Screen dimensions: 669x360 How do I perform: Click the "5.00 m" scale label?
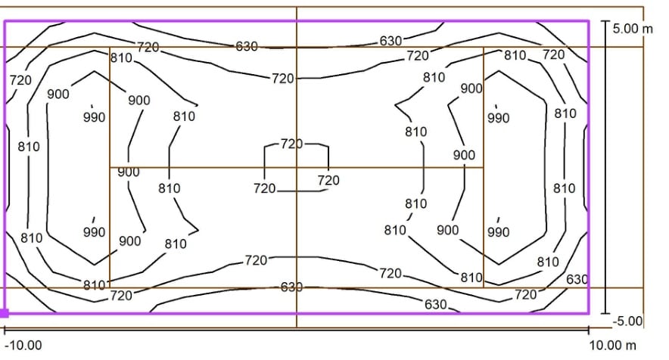[633, 29]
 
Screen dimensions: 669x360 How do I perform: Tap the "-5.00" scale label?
[627, 321]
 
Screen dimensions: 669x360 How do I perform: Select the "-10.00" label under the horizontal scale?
[23, 345]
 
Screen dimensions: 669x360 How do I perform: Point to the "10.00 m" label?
[613, 345]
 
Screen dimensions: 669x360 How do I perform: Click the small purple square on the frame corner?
[5, 314]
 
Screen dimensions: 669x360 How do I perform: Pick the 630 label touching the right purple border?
[577, 279]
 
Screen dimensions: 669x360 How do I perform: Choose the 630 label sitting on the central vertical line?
[291, 287]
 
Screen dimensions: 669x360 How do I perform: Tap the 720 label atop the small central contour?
[291, 144]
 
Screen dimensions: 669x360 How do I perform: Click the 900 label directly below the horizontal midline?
[129, 172]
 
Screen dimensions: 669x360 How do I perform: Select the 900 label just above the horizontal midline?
[464, 154]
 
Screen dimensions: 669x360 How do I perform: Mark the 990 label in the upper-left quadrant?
[94, 117]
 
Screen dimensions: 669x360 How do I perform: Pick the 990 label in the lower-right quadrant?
[498, 231]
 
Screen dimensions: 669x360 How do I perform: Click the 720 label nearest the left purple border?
[20, 79]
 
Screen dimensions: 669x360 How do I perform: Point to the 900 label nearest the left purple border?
[58, 94]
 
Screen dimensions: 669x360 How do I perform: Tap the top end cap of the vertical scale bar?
[605, 20]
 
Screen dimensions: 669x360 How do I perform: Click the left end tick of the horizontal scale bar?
[5, 329]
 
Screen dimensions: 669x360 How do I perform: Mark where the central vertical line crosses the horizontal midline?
[297, 168]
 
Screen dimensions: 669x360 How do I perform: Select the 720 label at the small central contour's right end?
[328, 180]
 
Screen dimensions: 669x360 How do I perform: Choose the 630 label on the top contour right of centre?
[391, 41]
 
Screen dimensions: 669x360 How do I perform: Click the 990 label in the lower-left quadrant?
[94, 232]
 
